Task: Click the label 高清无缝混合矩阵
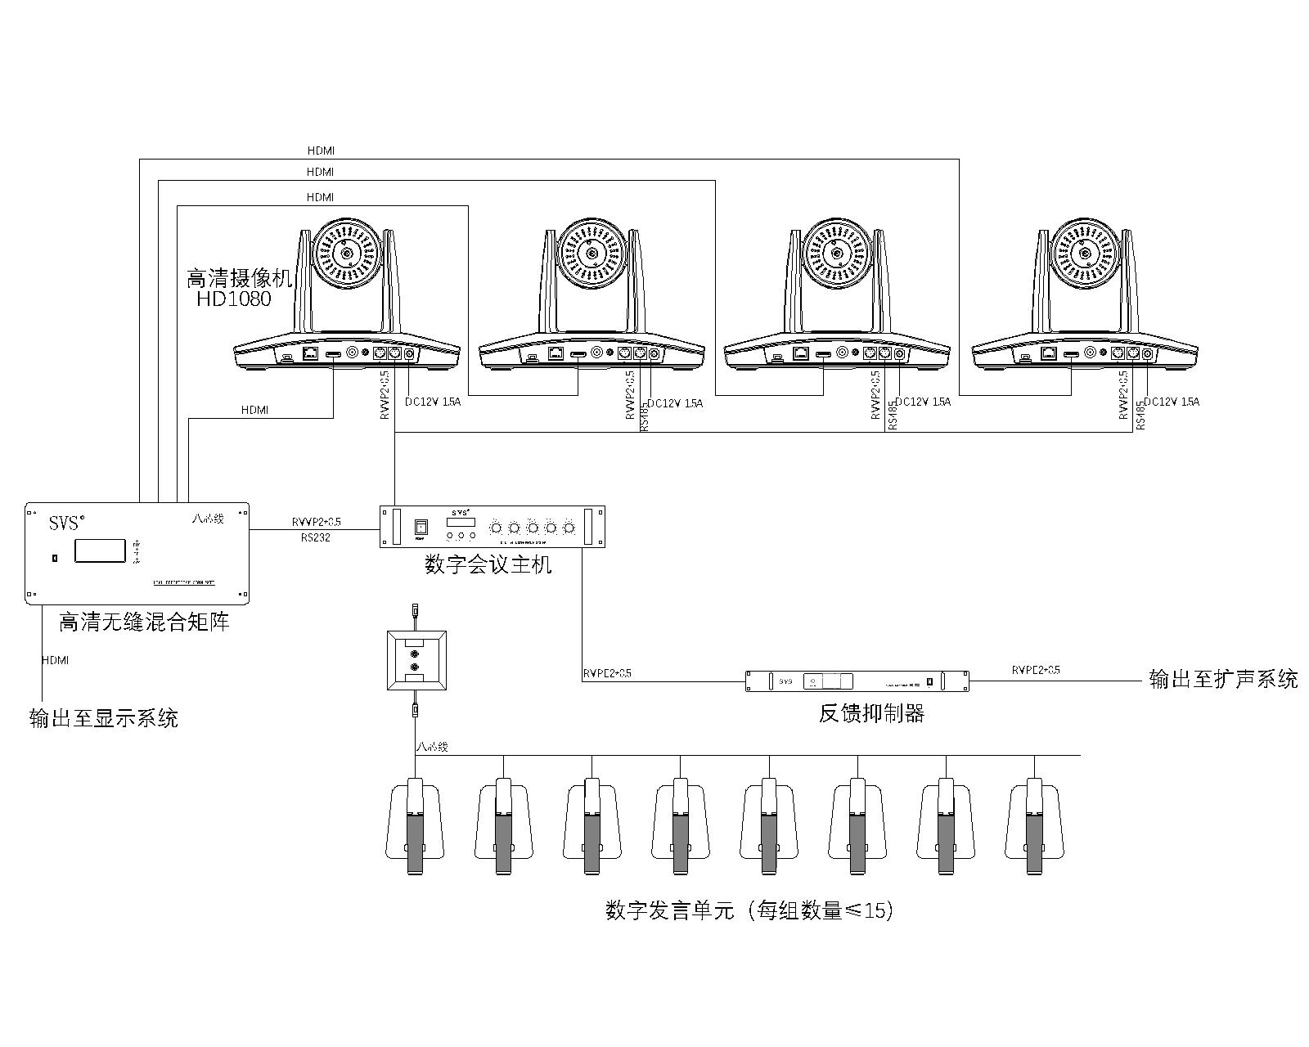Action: point(144,622)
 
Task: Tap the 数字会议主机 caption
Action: point(488,564)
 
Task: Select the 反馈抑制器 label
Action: point(871,713)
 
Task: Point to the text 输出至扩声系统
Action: point(1223,680)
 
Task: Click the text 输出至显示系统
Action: point(103,719)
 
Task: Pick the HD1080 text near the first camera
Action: point(233,299)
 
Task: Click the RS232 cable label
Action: point(315,538)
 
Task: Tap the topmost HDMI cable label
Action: point(321,151)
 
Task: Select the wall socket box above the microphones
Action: point(416,661)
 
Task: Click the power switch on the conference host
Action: point(421,527)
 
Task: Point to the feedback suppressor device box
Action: point(857,681)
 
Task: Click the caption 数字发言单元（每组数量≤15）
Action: point(749,910)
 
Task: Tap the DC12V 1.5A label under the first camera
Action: point(433,402)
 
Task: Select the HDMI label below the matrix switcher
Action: point(56,659)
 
